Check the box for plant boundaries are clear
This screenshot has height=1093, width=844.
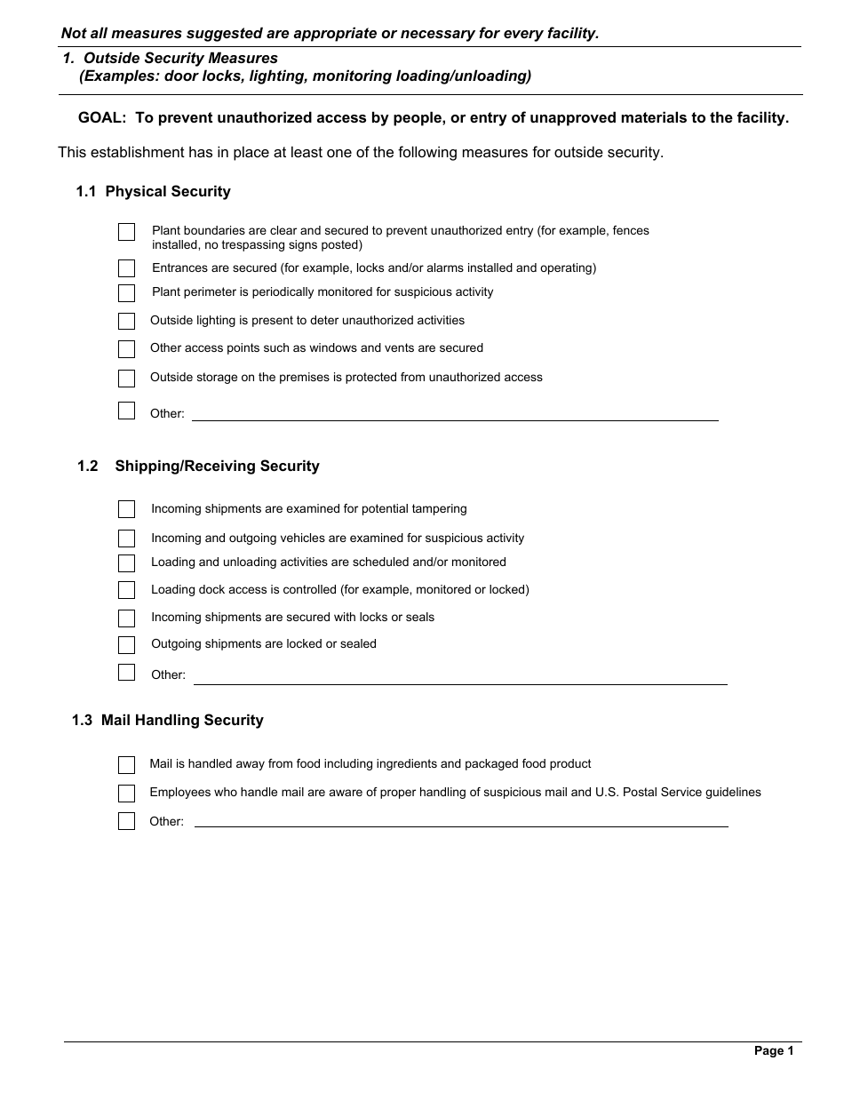click(x=127, y=233)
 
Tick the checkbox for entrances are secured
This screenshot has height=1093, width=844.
click(x=127, y=268)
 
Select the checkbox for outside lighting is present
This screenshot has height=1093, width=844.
click(x=127, y=321)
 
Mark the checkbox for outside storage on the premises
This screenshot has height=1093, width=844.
click(x=127, y=379)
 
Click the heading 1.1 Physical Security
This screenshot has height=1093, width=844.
click(x=153, y=192)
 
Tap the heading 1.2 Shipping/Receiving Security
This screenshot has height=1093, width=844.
click(x=198, y=467)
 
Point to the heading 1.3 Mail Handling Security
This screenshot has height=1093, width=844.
click(x=168, y=721)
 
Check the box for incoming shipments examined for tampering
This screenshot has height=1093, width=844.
click(x=127, y=509)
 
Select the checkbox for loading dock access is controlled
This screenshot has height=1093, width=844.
click(x=127, y=590)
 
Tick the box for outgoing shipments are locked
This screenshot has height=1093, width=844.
click(x=127, y=645)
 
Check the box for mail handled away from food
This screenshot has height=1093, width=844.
click(x=127, y=765)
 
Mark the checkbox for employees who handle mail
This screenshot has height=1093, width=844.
click(x=127, y=794)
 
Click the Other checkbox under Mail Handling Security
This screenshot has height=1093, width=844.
click(x=127, y=821)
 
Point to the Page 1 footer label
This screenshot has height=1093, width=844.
click(x=774, y=1051)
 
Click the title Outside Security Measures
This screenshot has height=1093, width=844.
click(x=180, y=59)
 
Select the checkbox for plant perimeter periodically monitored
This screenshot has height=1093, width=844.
click(x=127, y=293)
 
